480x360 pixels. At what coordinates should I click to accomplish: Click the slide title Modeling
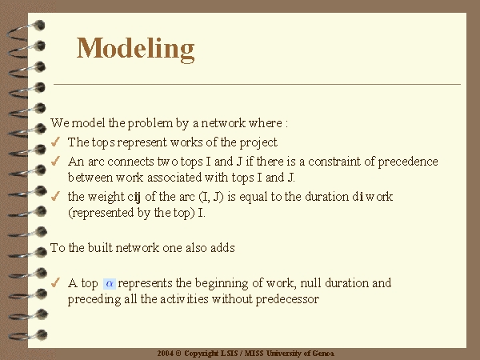[136, 49]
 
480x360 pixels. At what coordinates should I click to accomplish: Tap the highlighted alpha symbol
[110, 284]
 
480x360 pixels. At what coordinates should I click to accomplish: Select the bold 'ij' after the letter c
[137, 197]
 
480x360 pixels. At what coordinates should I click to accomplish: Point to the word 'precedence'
[408, 162]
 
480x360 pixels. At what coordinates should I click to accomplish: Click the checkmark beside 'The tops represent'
[55, 142]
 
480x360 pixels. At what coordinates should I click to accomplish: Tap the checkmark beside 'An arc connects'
[55, 161]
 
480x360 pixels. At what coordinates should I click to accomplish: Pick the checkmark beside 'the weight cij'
[55, 196]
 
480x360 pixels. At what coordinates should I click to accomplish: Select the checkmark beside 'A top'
[55, 282]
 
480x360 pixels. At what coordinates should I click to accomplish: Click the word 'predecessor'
[287, 299]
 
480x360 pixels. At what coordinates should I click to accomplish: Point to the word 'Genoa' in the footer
[324, 354]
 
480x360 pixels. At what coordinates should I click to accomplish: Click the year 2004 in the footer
[166, 354]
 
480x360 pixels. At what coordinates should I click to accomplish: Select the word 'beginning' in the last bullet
[222, 283]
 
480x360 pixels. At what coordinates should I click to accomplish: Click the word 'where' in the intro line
[266, 123]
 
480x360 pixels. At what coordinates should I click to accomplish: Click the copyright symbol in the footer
[178, 354]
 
